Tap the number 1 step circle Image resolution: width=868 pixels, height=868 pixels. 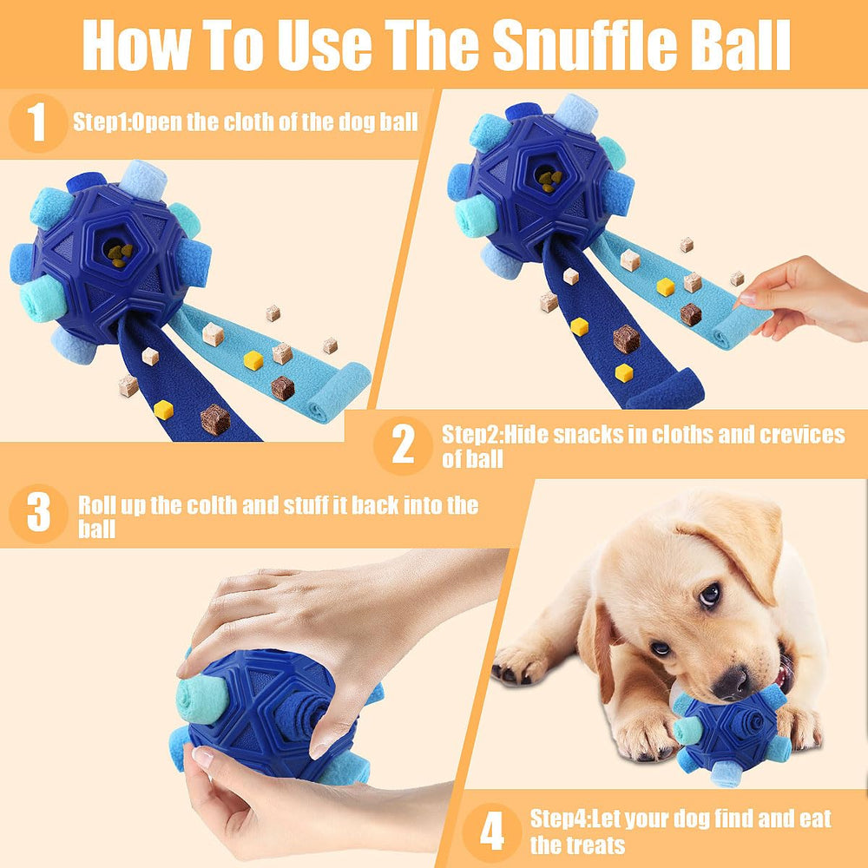[37, 122]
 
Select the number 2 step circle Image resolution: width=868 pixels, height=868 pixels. [403, 444]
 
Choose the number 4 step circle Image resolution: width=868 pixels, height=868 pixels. [491, 832]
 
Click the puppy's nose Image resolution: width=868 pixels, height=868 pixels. [732, 683]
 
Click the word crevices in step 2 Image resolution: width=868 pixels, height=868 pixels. [799, 435]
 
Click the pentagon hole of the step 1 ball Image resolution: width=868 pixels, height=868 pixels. [117, 252]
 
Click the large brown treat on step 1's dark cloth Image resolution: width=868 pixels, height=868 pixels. [214, 420]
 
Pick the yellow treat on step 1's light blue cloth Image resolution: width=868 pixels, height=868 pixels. [253, 360]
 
